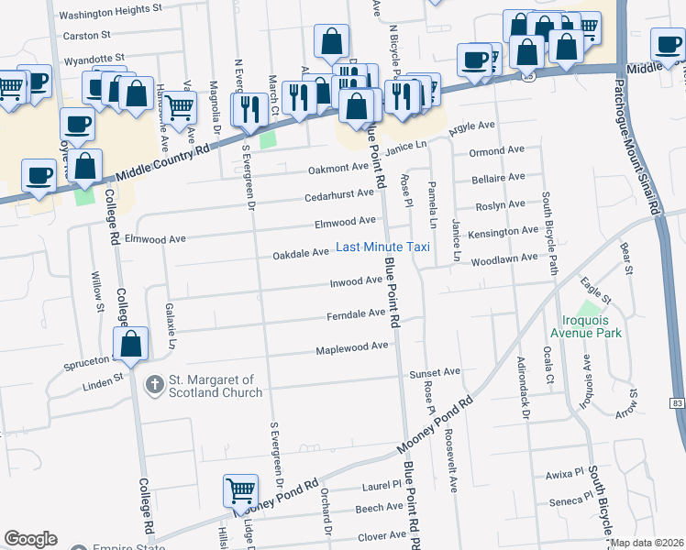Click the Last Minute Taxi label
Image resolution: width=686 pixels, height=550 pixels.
[382, 247]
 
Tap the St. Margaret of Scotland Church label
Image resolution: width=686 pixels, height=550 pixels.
[214, 386]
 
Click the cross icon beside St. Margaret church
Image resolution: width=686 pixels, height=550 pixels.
[155, 385]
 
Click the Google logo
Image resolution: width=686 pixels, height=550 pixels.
[30, 539]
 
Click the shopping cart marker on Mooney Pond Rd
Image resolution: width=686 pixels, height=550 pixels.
[240, 490]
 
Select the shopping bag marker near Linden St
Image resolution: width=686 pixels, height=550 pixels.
[131, 346]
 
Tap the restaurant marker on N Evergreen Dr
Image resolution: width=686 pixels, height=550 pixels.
[249, 108]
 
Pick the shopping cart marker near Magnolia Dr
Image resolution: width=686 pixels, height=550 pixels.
[180, 106]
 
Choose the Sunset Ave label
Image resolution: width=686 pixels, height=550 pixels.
[435, 372]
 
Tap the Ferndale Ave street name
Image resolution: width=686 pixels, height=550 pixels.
[357, 313]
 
